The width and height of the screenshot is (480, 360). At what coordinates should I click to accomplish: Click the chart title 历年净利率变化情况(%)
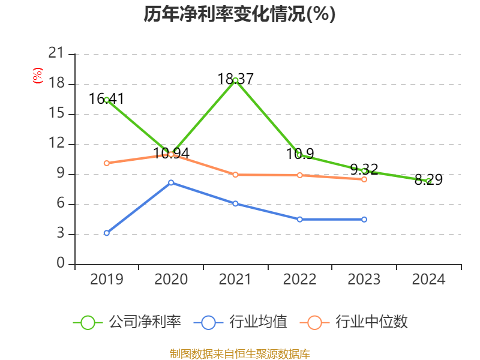(x=239, y=14)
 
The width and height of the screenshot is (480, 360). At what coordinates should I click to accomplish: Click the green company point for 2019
(x=107, y=100)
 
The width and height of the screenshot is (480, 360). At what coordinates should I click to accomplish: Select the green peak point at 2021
(x=236, y=80)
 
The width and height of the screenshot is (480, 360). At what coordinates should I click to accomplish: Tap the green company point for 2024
(x=428, y=180)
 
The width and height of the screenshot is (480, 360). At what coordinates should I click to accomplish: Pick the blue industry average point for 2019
(x=107, y=233)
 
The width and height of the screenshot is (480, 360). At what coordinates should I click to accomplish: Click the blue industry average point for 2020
(x=171, y=182)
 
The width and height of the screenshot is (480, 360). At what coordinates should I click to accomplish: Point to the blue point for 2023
(x=364, y=220)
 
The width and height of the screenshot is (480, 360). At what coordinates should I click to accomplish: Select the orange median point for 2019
(x=107, y=163)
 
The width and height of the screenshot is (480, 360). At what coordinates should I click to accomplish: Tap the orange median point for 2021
(x=236, y=175)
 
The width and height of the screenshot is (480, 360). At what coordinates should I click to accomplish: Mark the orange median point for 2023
(x=364, y=179)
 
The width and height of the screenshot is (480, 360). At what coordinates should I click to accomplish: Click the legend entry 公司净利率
(x=127, y=322)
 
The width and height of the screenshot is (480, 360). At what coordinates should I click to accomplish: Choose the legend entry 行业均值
(x=241, y=322)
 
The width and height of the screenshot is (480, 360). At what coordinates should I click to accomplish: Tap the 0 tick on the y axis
(x=60, y=263)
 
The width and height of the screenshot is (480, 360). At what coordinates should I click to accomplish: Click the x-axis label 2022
(x=299, y=280)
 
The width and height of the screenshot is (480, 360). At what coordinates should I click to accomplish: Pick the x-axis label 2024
(x=428, y=280)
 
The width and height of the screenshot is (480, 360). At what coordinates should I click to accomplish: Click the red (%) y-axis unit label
(x=37, y=76)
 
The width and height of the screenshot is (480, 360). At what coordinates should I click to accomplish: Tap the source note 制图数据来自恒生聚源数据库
(x=239, y=353)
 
